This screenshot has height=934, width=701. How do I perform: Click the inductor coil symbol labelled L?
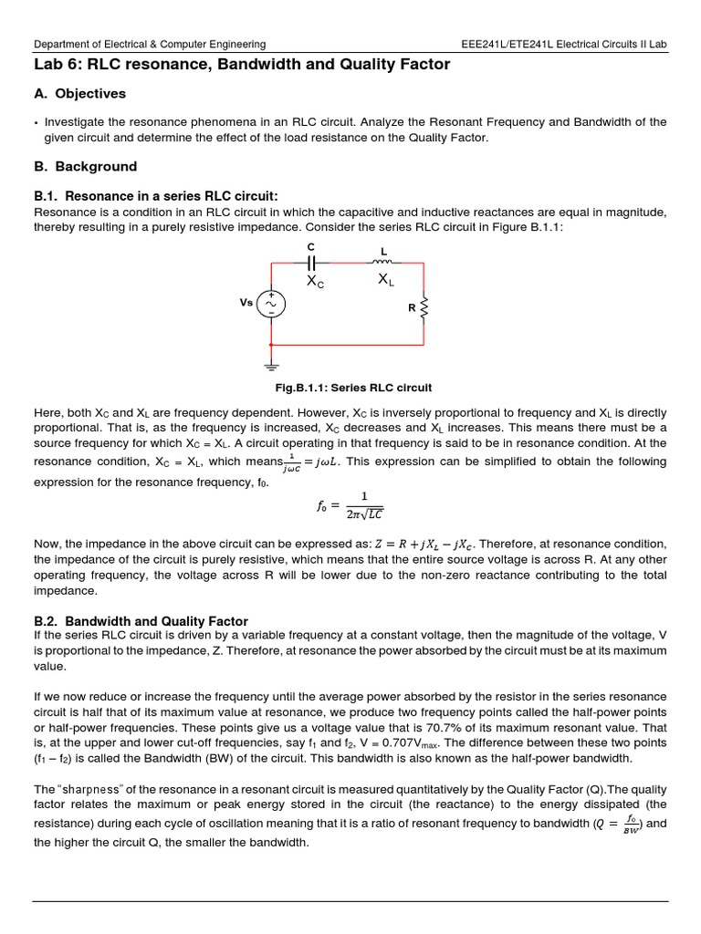[x=384, y=262]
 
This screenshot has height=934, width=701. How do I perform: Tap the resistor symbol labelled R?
[x=424, y=307]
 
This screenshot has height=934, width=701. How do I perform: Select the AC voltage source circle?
[x=271, y=304]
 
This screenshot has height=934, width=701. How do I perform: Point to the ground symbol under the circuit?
[x=271, y=365]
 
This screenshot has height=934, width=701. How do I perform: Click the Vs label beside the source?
[x=246, y=303]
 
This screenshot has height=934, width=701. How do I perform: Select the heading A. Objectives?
[x=79, y=94]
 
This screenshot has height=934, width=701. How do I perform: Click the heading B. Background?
[x=85, y=167]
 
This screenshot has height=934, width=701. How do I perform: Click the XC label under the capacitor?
[x=314, y=283]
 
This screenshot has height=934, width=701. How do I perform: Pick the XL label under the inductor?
[x=385, y=282]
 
